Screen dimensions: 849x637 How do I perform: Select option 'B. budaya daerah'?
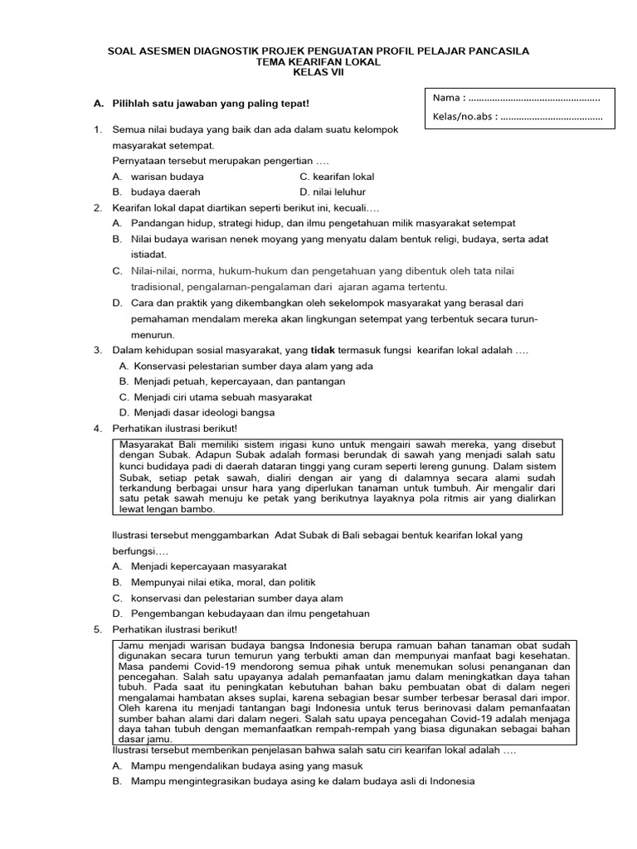click(157, 192)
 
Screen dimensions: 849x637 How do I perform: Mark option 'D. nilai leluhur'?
click(333, 192)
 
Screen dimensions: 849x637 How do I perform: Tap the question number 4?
click(98, 428)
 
